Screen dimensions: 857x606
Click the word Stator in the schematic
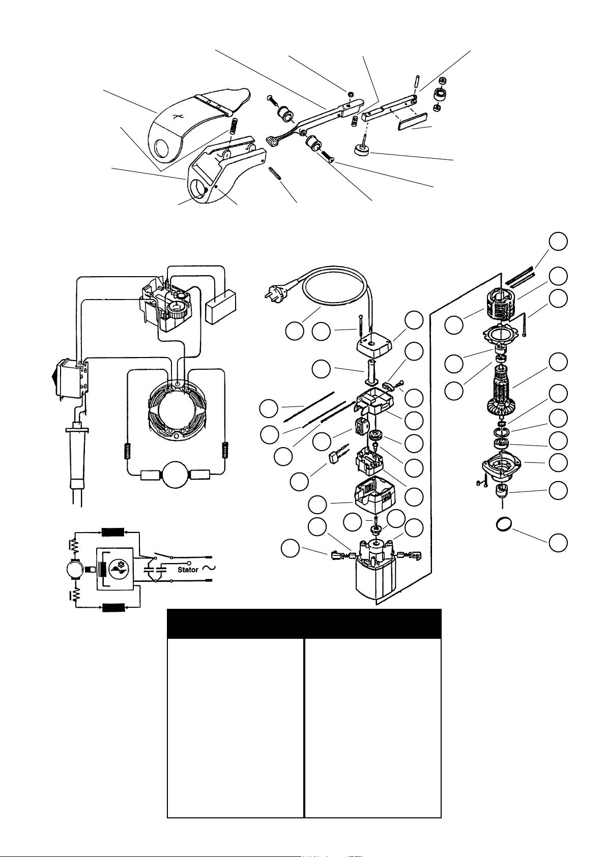[x=188, y=570]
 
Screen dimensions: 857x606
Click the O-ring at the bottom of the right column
[x=504, y=523]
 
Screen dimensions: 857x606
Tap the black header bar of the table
[x=304, y=624]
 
